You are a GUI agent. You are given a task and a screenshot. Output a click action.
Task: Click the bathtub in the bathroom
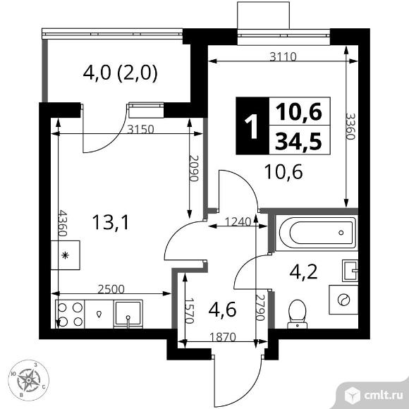[x=315, y=231]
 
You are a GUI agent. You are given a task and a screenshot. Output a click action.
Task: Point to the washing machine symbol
[x=343, y=300]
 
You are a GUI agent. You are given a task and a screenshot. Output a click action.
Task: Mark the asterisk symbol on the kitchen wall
[x=66, y=255]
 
